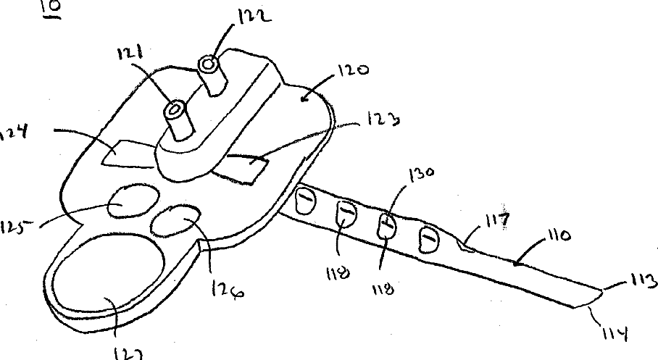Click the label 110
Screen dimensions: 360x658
coord(557,237)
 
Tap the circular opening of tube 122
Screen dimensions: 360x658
coord(210,64)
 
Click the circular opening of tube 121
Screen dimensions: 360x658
coord(175,110)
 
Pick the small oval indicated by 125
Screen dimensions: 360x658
coord(131,201)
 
